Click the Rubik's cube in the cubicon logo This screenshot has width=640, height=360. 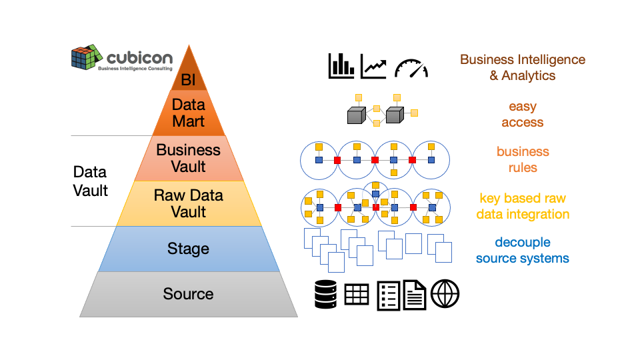click(85, 57)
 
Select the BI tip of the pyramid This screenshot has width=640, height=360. click(189, 79)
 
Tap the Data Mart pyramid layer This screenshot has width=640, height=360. click(189, 113)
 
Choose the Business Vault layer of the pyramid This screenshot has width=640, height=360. click(189, 158)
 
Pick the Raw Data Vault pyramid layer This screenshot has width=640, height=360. click(189, 203)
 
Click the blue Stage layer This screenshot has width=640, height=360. click(189, 249)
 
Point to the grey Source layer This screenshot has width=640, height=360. click(189, 294)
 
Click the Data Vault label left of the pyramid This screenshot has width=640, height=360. click(90, 181)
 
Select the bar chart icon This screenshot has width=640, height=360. click(341, 66)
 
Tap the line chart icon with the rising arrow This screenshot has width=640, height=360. click(374, 66)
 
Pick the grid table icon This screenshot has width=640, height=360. click(357, 294)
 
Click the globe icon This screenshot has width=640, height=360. click(445, 294)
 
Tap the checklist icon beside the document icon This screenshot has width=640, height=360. click(389, 295)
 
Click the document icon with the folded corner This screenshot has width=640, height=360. click(415, 295)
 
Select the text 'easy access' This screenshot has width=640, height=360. click(523, 114)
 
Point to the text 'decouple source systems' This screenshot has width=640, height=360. click(523, 250)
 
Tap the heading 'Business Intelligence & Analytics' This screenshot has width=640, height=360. click(523, 67)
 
